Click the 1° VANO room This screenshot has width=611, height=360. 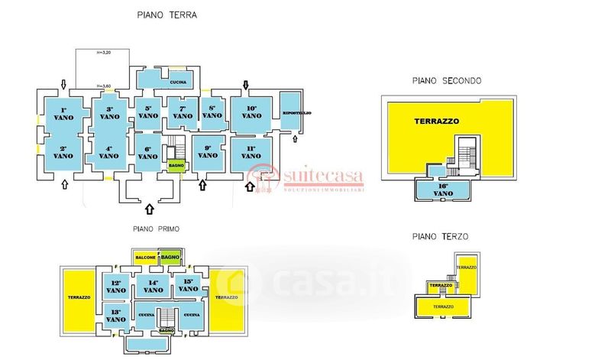64,115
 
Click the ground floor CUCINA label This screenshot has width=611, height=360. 178,82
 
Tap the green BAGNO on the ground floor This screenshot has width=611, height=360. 176,165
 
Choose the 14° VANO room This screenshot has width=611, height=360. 152,287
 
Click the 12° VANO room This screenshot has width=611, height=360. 116,287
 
